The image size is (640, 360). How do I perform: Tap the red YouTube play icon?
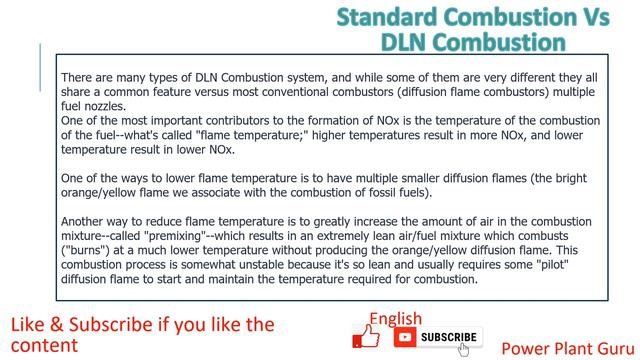(405, 338)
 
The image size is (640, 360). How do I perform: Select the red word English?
(395, 319)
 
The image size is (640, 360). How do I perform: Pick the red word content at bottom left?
(44, 345)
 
